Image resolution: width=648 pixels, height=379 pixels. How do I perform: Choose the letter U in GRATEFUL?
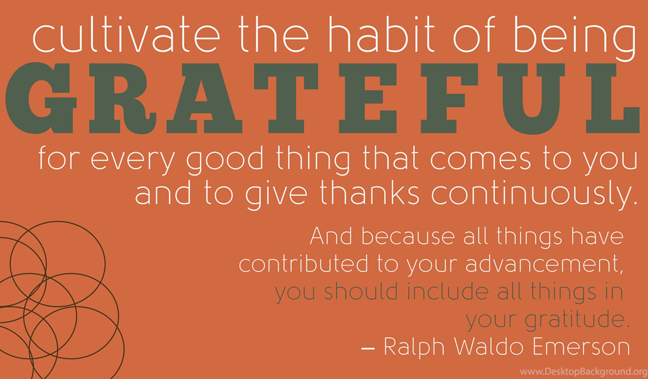532,99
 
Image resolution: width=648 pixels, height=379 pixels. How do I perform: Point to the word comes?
481,159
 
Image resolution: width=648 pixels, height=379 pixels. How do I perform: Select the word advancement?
544,264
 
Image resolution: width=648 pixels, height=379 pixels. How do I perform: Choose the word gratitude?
577,319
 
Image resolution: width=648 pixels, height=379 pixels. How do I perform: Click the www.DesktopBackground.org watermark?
583,371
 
